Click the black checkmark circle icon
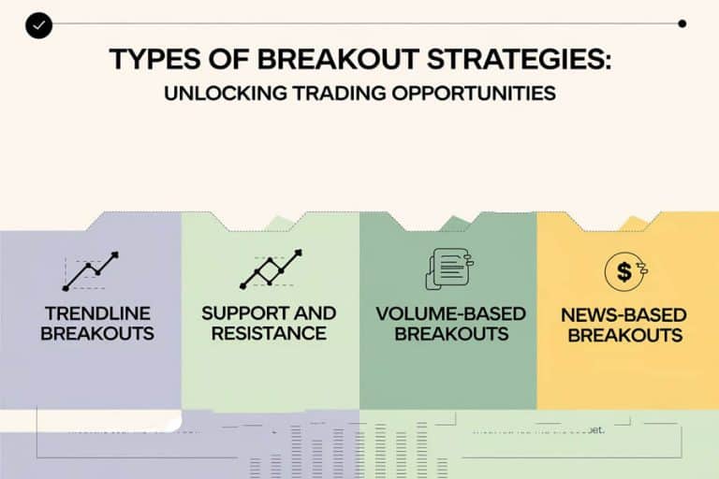click(39, 25)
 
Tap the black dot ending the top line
click(682, 23)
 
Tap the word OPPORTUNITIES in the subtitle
click(481, 94)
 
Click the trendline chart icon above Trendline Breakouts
click(91, 269)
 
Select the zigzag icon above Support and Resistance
click(271, 269)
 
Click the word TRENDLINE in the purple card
click(97, 313)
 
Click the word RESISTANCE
click(270, 334)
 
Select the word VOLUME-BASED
click(450, 313)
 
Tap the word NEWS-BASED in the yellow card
click(624, 315)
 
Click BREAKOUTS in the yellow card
click(624, 336)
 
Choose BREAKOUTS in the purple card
click(97, 334)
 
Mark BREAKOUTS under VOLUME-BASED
click(450, 334)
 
